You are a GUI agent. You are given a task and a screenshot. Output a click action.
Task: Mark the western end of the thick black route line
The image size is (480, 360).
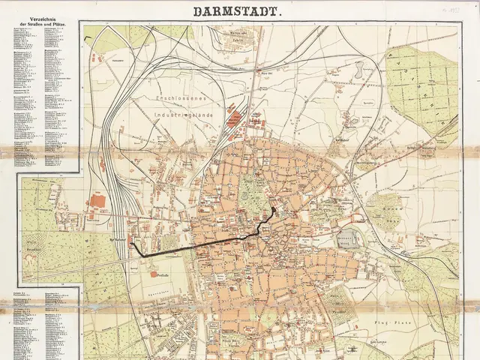133,244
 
